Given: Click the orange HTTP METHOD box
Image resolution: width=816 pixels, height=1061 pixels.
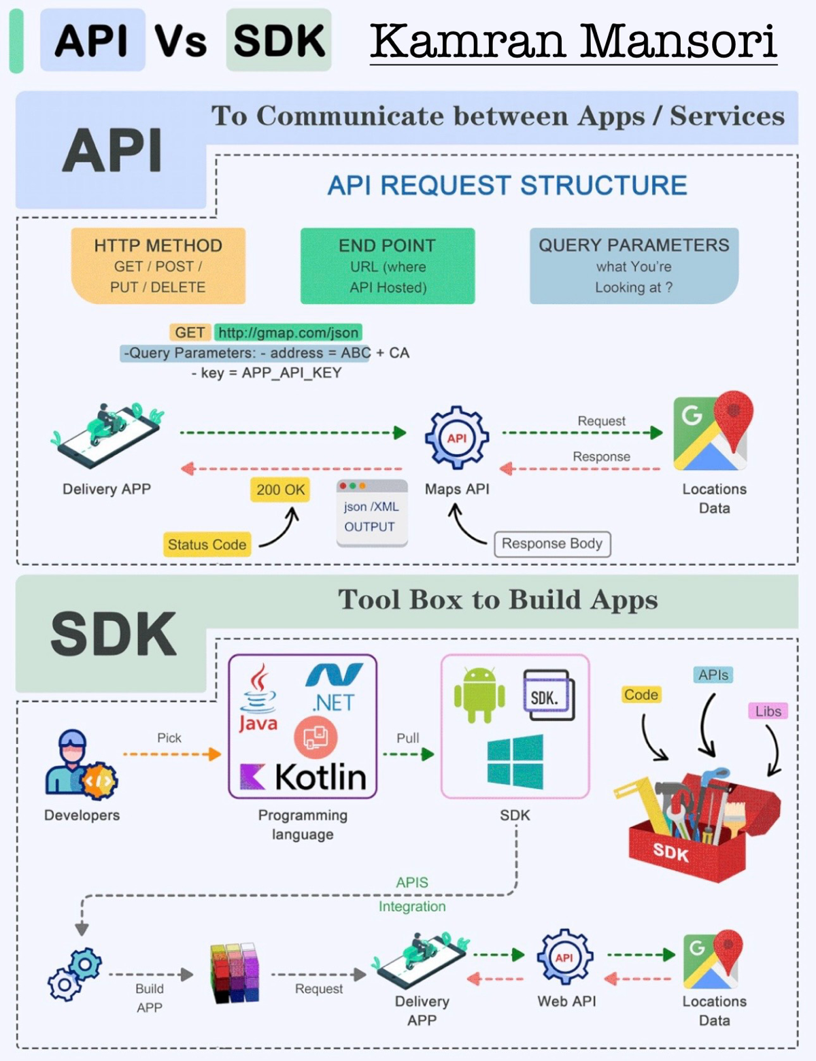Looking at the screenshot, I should (x=158, y=266).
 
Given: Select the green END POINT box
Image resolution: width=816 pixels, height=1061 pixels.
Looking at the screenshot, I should (x=388, y=266).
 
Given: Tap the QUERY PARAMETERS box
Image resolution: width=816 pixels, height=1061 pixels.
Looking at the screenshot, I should (x=634, y=266).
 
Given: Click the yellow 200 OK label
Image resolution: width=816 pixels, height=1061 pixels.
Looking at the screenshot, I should (x=280, y=490).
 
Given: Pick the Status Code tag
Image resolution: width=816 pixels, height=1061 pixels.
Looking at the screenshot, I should (x=207, y=545).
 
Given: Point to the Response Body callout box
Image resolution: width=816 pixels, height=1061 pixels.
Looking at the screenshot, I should (x=552, y=544).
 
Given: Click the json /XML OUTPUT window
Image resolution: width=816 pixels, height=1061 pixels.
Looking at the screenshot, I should (x=371, y=513).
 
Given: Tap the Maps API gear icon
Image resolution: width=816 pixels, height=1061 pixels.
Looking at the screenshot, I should (x=457, y=438).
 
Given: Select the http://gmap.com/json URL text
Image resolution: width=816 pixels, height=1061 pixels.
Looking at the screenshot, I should (x=288, y=333).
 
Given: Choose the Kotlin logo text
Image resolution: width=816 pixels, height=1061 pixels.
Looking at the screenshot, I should (x=320, y=777).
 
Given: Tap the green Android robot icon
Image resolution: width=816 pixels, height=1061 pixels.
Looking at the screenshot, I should (x=479, y=694).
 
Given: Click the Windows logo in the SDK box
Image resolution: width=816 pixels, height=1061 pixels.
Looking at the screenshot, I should (x=515, y=761).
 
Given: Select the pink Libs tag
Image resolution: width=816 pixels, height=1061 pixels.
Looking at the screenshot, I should (x=768, y=711).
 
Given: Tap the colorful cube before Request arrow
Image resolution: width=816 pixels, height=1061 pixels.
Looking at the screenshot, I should (x=235, y=973).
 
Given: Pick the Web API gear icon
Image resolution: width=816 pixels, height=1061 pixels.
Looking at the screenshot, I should (x=564, y=958).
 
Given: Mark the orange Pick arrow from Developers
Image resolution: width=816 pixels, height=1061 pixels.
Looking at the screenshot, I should (x=171, y=754).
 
